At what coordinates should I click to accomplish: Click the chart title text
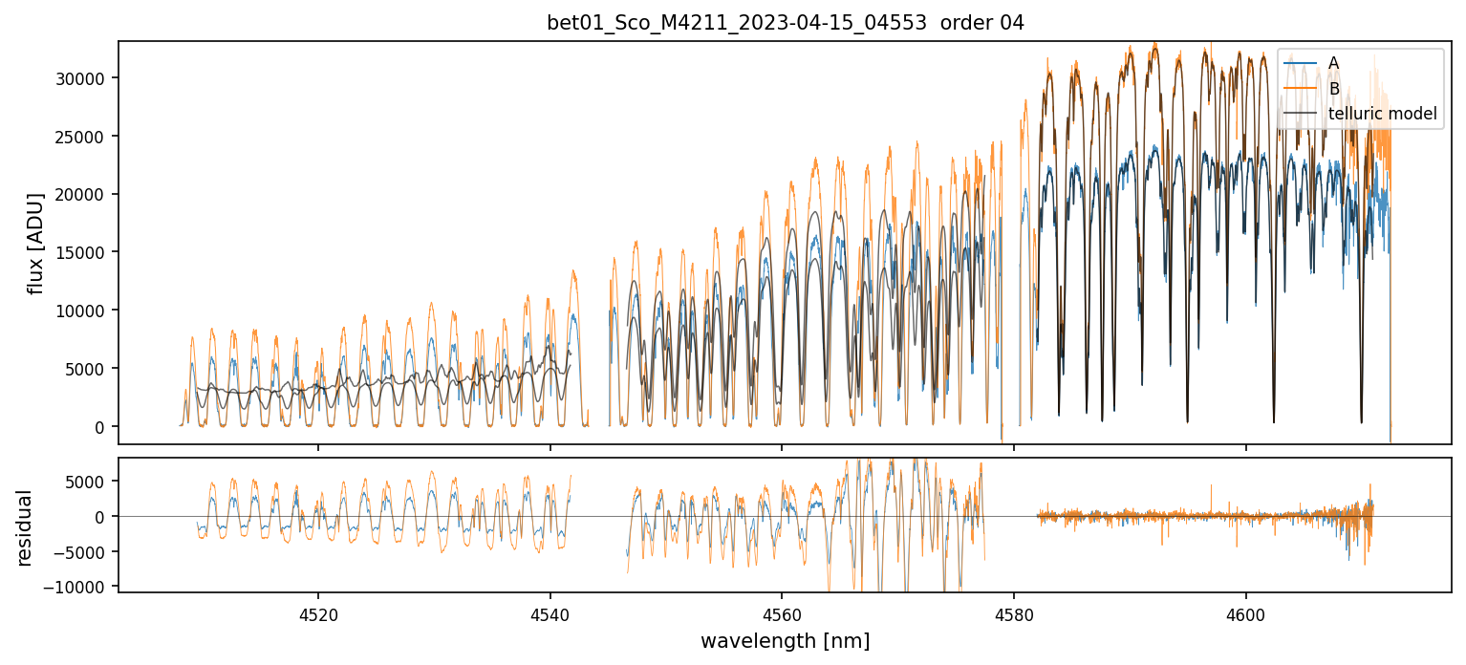[785, 23]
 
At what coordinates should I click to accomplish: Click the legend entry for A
[1333, 63]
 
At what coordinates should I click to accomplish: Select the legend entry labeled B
[1333, 88]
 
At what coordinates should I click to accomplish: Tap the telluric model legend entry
[1382, 113]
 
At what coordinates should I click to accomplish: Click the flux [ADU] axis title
[36, 243]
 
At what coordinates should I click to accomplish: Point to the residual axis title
[24, 527]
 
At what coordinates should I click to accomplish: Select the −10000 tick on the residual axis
[83, 586]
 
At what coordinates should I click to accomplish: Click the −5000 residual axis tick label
[87, 551]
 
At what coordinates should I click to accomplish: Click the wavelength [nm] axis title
[785, 640]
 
